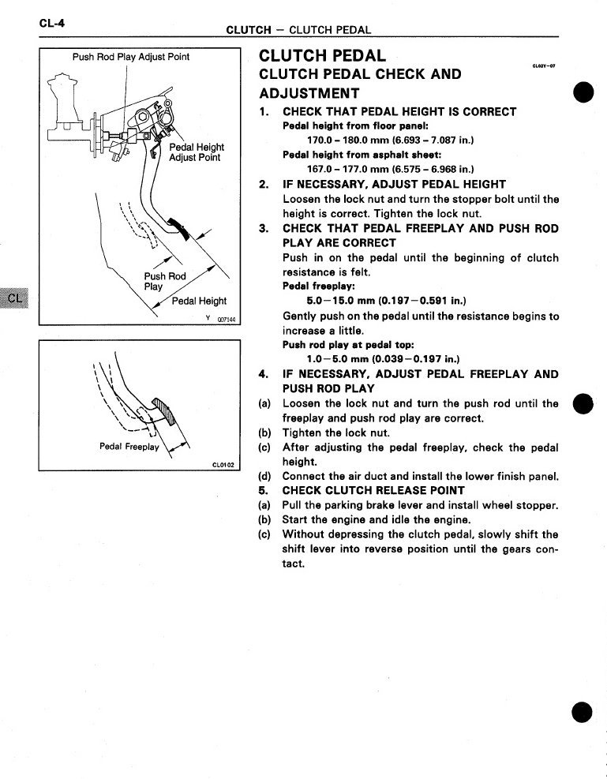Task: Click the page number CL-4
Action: [51, 23]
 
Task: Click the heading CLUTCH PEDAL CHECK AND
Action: [360, 75]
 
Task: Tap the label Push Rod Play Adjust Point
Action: [131, 57]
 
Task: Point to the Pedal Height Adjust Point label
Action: [195, 152]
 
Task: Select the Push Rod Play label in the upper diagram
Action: [164, 282]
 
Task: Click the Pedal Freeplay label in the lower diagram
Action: [129, 447]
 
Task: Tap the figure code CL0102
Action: [224, 465]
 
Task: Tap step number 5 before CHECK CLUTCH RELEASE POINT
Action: [264, 490]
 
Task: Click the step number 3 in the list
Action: [264, 228]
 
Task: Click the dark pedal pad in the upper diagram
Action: [184, 230]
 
